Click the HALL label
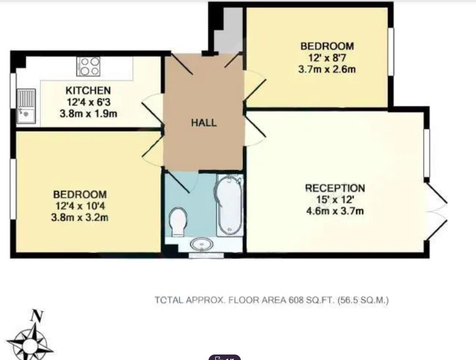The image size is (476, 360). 204,123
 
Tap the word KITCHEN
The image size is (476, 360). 88,90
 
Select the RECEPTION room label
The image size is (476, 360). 335,188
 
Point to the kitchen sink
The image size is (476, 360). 26,106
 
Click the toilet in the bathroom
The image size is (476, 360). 178,222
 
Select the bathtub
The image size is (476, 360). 230,205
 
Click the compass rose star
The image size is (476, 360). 30,344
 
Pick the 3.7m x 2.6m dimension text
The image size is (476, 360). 327,70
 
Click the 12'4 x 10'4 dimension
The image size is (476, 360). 80,206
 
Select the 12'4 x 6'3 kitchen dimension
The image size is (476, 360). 88,102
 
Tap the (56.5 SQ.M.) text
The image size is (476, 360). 363,300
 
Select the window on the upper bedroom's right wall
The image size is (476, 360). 391,51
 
